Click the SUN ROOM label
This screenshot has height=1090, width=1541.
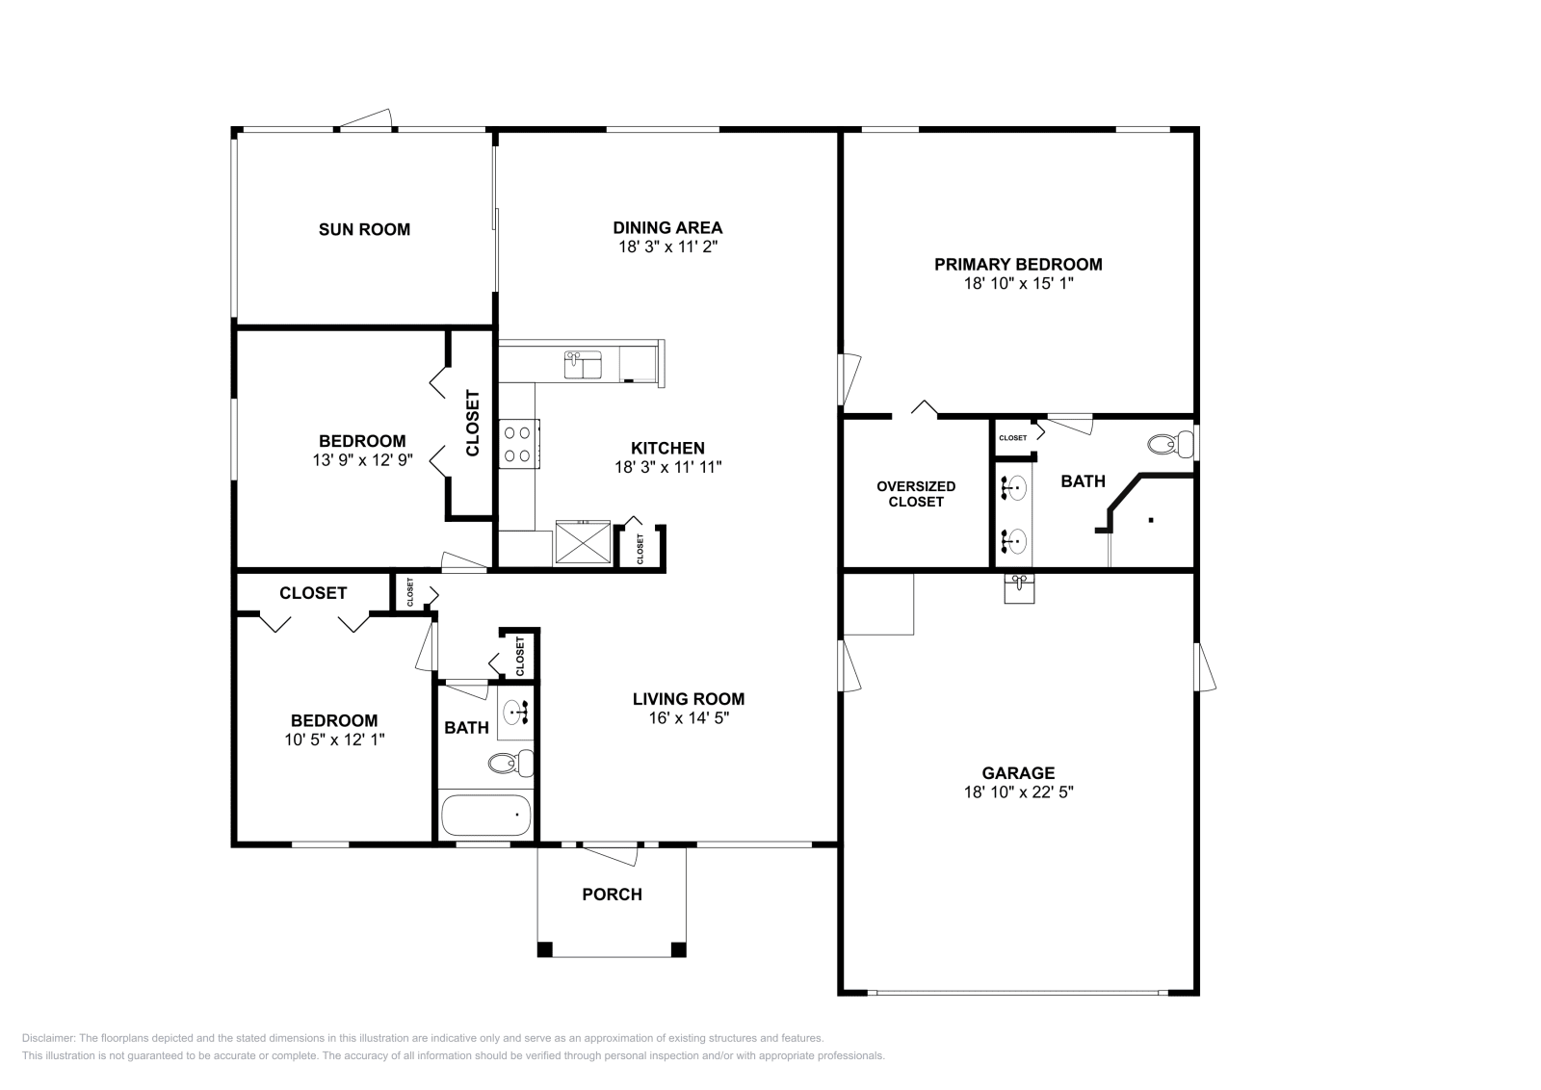364,230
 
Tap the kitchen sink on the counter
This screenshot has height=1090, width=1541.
583,365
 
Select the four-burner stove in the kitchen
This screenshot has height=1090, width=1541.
519,444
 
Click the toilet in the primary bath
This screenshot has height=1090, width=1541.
1170,444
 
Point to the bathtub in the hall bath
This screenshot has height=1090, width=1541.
485,815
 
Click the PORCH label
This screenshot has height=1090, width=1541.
613,894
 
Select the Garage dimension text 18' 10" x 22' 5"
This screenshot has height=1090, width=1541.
1018,792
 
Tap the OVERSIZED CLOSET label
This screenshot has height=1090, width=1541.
916,494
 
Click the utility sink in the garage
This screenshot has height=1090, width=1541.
1019,588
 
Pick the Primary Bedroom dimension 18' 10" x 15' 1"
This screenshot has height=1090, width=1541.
1018,283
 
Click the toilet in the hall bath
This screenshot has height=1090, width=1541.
511,763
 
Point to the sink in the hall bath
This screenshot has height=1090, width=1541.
515,713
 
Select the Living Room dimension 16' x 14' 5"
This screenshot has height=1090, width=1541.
689,718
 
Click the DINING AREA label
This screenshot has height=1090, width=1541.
667,227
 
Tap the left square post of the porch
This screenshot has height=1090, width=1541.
545,949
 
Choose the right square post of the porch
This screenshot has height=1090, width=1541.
678,949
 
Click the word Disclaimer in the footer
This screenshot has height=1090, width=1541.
48,1038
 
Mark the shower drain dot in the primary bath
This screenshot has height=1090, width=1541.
1150,520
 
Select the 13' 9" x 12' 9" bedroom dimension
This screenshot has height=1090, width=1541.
362,460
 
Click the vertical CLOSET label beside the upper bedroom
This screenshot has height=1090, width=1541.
473,423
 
